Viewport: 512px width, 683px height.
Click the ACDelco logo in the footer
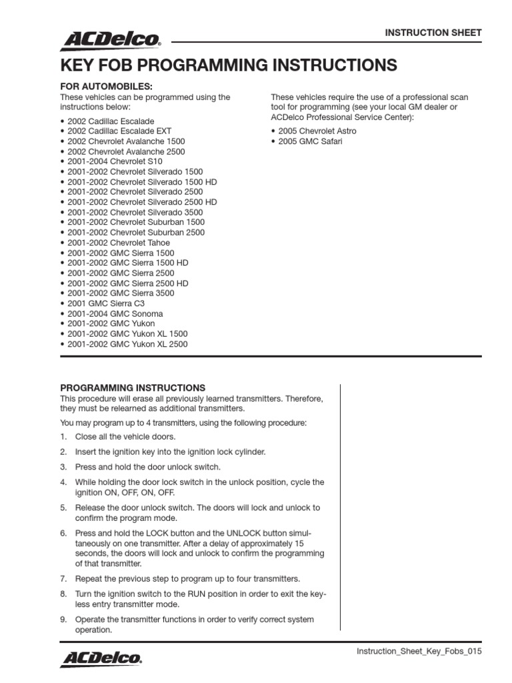[x=101, y=658]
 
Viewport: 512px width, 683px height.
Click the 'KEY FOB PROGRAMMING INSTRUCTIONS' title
[x=229, y=65]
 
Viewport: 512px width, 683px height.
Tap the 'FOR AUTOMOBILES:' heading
[x=107, y=87]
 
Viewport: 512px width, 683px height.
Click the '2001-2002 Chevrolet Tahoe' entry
[x=119, y=243]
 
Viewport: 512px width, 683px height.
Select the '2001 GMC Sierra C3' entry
[x=105, y=303]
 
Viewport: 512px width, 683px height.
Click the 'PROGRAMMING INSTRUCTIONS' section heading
[x=133, y=388]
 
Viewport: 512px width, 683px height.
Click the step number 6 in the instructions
[x=64, y=534]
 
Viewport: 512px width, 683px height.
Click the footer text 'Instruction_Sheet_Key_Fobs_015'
[x=419, y=651]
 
